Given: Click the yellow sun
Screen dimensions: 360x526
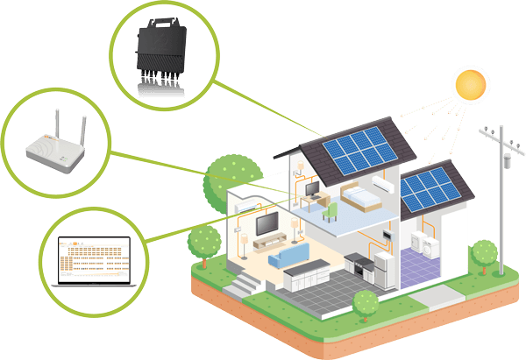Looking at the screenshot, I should (x=468, y=85).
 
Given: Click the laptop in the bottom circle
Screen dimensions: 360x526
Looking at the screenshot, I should (x=90, y=260).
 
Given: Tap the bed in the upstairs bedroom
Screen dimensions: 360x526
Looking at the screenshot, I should (x=359, y=198).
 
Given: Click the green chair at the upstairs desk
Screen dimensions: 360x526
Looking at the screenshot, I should (x=330, y=210).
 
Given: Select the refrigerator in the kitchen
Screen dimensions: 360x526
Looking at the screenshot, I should (x=386, y=268).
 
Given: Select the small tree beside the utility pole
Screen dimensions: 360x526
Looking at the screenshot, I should (x=483, y=253).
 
